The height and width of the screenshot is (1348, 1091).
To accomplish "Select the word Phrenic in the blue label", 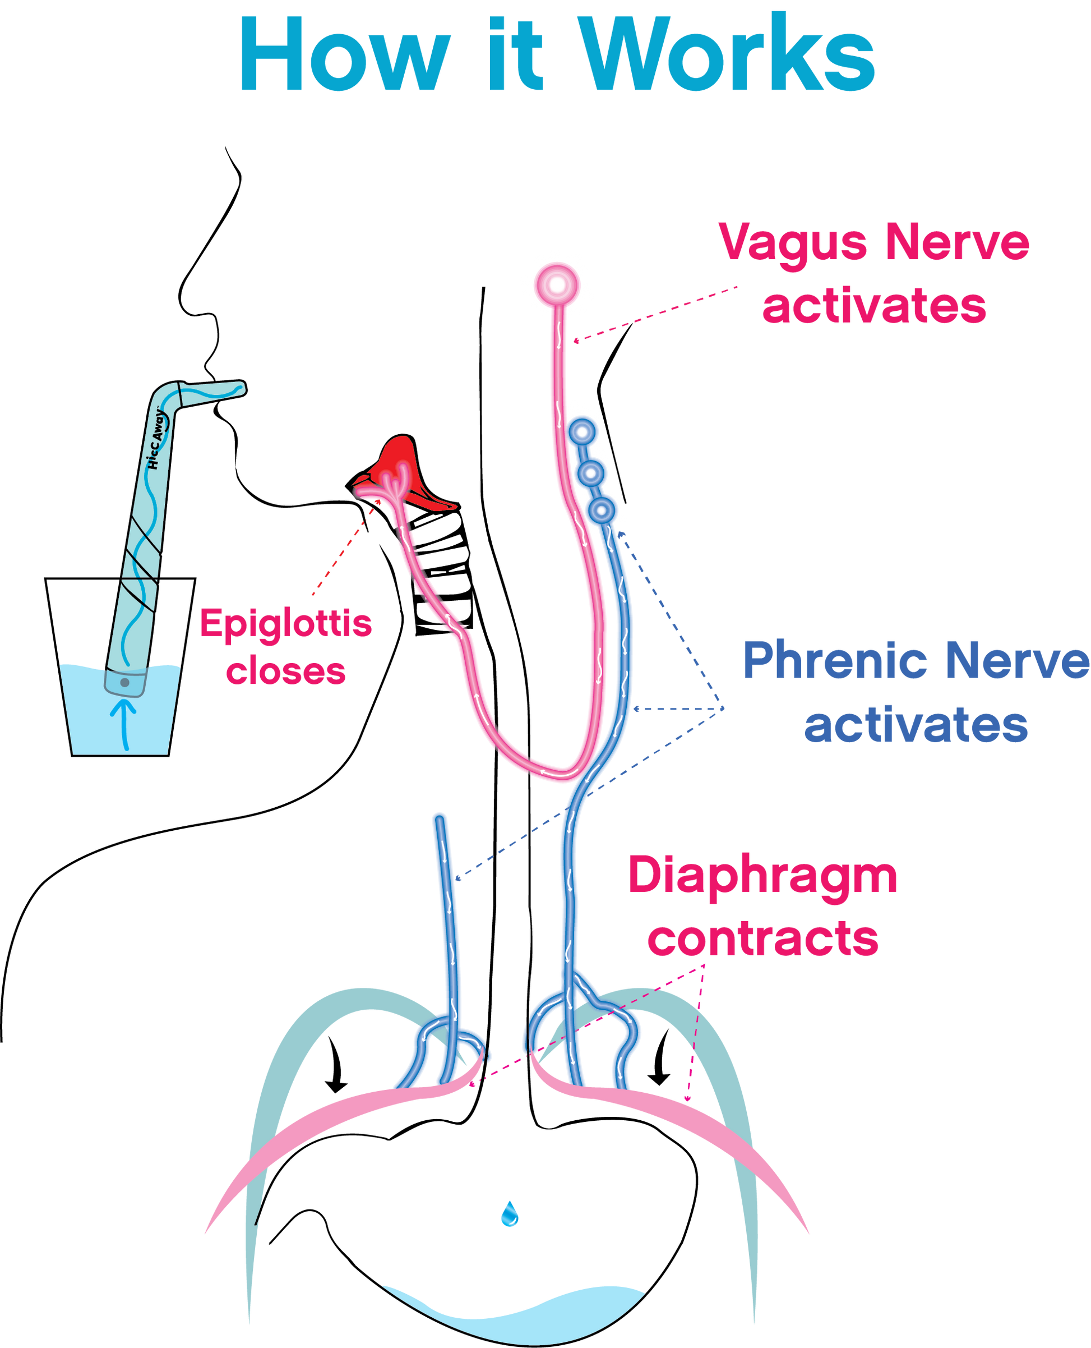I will pos(836,660).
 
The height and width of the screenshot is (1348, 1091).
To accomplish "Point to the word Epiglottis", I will pos(286,624).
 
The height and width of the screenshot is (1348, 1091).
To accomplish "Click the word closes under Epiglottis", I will pos(286,671).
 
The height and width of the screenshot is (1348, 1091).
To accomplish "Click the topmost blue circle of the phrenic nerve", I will pos(582,432).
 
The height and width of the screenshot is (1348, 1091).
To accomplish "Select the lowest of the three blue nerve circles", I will pos(602,510).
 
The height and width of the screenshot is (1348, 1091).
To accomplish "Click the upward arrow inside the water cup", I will pos(124,723).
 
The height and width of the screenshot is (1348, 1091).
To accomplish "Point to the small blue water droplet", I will pos(509,1214).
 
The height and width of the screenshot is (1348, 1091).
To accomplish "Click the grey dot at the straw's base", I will pos(124,683).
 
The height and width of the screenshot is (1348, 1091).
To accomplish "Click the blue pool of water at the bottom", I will pos(512,1311).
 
